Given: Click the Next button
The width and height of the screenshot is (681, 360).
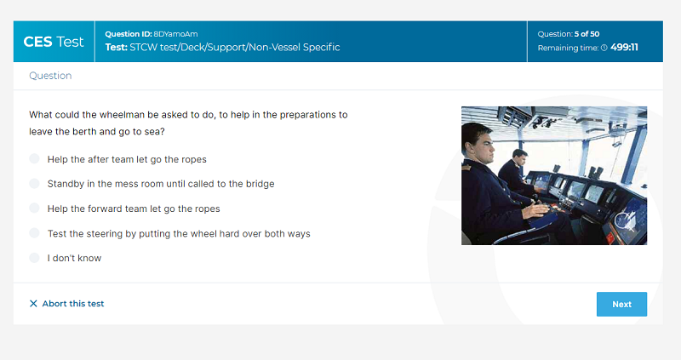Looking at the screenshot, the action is click(621, 304).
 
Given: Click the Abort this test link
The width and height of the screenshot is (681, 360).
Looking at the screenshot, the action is click(67, 304).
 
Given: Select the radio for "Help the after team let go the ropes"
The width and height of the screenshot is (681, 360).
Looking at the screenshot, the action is click(34, 158).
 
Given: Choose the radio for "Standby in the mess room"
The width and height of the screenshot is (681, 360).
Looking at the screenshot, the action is click(34, 183).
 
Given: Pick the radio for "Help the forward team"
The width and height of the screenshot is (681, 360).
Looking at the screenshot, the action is click(34, 208).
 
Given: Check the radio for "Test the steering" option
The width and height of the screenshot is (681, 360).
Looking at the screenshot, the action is click(34, 232).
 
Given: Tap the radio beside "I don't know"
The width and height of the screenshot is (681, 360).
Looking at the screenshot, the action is click(34, 258).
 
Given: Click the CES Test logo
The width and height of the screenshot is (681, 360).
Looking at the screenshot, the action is click(54, 42).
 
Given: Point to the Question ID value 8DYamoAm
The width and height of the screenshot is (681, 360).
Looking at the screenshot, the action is click(175, 34).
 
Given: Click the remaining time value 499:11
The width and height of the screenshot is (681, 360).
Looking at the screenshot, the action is click(624, 48).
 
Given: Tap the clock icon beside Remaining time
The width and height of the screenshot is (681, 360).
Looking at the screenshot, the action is click(604, 48).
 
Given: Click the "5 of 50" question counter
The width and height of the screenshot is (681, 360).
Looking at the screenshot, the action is click(587, 34).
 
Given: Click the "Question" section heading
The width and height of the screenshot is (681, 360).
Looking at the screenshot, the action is click(50, 76).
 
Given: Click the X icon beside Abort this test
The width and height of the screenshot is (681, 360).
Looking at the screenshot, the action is click(33, 304).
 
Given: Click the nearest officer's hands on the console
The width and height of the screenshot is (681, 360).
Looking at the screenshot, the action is click(536, 209).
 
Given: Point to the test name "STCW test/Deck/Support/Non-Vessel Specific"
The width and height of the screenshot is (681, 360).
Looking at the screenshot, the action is click(235, 48).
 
